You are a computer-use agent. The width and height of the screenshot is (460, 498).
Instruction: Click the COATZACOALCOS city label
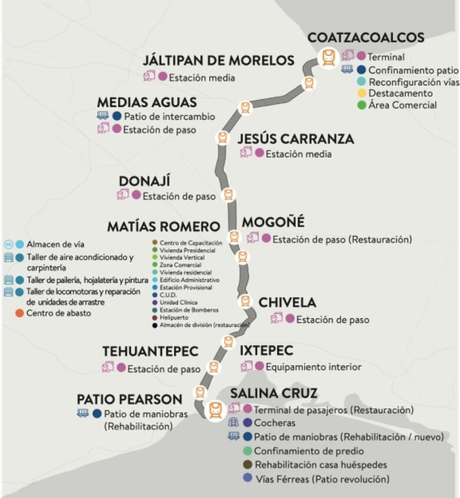366,38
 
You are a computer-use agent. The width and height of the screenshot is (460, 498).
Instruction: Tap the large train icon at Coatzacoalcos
329,58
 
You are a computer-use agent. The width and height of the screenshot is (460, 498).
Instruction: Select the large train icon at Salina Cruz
216,409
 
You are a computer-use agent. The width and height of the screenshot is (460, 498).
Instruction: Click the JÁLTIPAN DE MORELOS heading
218,61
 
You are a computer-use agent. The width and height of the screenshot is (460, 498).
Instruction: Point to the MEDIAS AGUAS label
147,102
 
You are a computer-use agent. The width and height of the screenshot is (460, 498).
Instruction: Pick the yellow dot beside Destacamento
362,93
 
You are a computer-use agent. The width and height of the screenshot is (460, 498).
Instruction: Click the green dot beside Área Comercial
362,105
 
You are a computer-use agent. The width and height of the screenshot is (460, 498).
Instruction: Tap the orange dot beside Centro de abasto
19,313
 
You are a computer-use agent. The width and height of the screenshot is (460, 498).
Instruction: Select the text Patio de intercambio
170,116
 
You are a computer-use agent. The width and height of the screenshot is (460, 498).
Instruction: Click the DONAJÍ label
144,181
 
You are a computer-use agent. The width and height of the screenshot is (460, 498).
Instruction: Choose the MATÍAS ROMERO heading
163,227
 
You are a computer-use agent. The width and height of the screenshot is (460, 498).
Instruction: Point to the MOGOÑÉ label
273,222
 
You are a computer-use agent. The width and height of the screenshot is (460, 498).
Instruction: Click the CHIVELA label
287,303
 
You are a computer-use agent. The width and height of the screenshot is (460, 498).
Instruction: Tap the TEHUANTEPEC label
150,352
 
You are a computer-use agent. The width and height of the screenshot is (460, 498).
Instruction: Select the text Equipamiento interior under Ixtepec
313,367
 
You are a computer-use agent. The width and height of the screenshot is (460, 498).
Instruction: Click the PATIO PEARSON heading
130,399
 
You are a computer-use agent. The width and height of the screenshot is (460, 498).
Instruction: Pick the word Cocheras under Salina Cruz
275,423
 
